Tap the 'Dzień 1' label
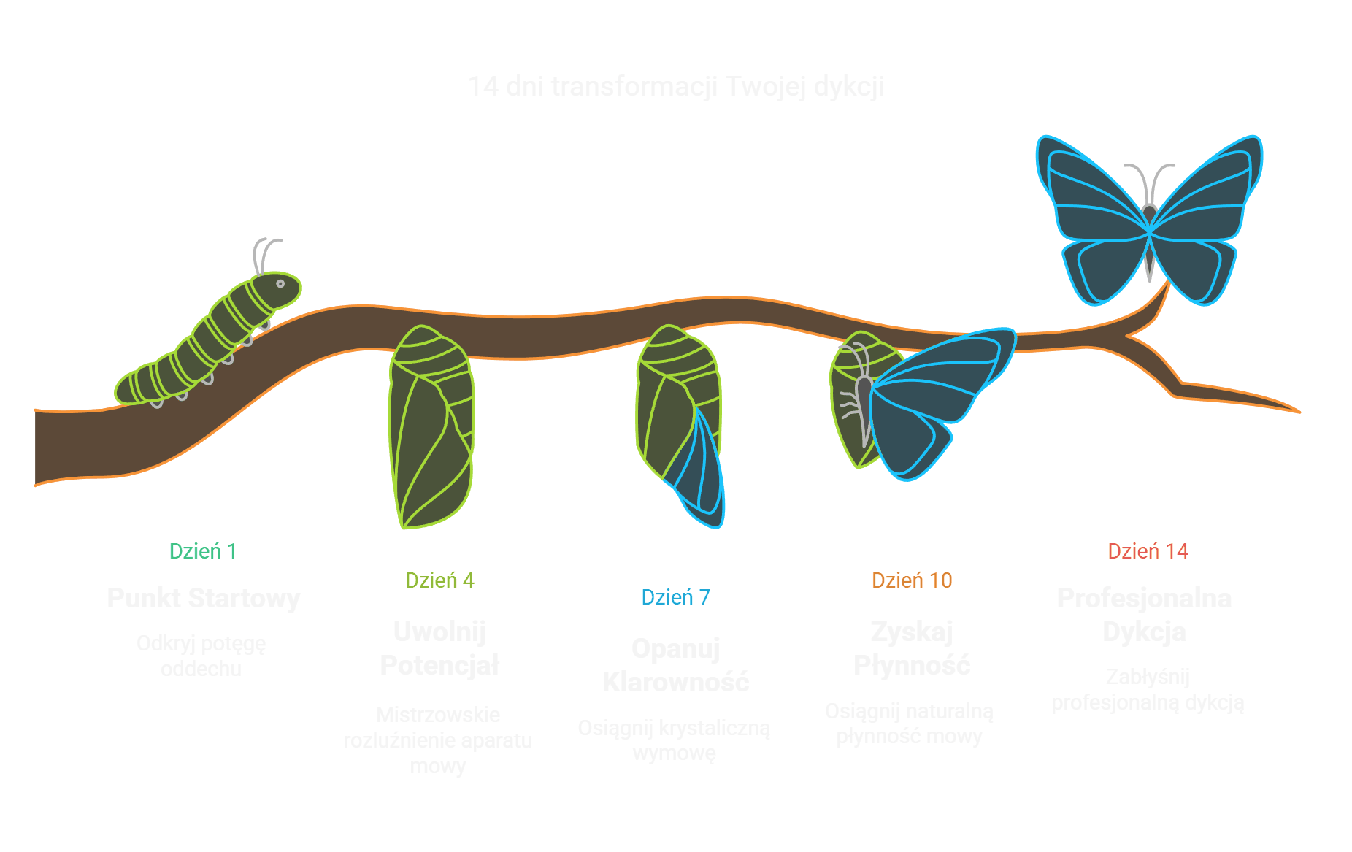coord(202,551)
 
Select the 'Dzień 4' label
coord(439,580)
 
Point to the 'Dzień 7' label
coord(675,597)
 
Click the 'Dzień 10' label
coord(911,580)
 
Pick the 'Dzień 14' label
coord(1148,551)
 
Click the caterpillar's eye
coord(280,283)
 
